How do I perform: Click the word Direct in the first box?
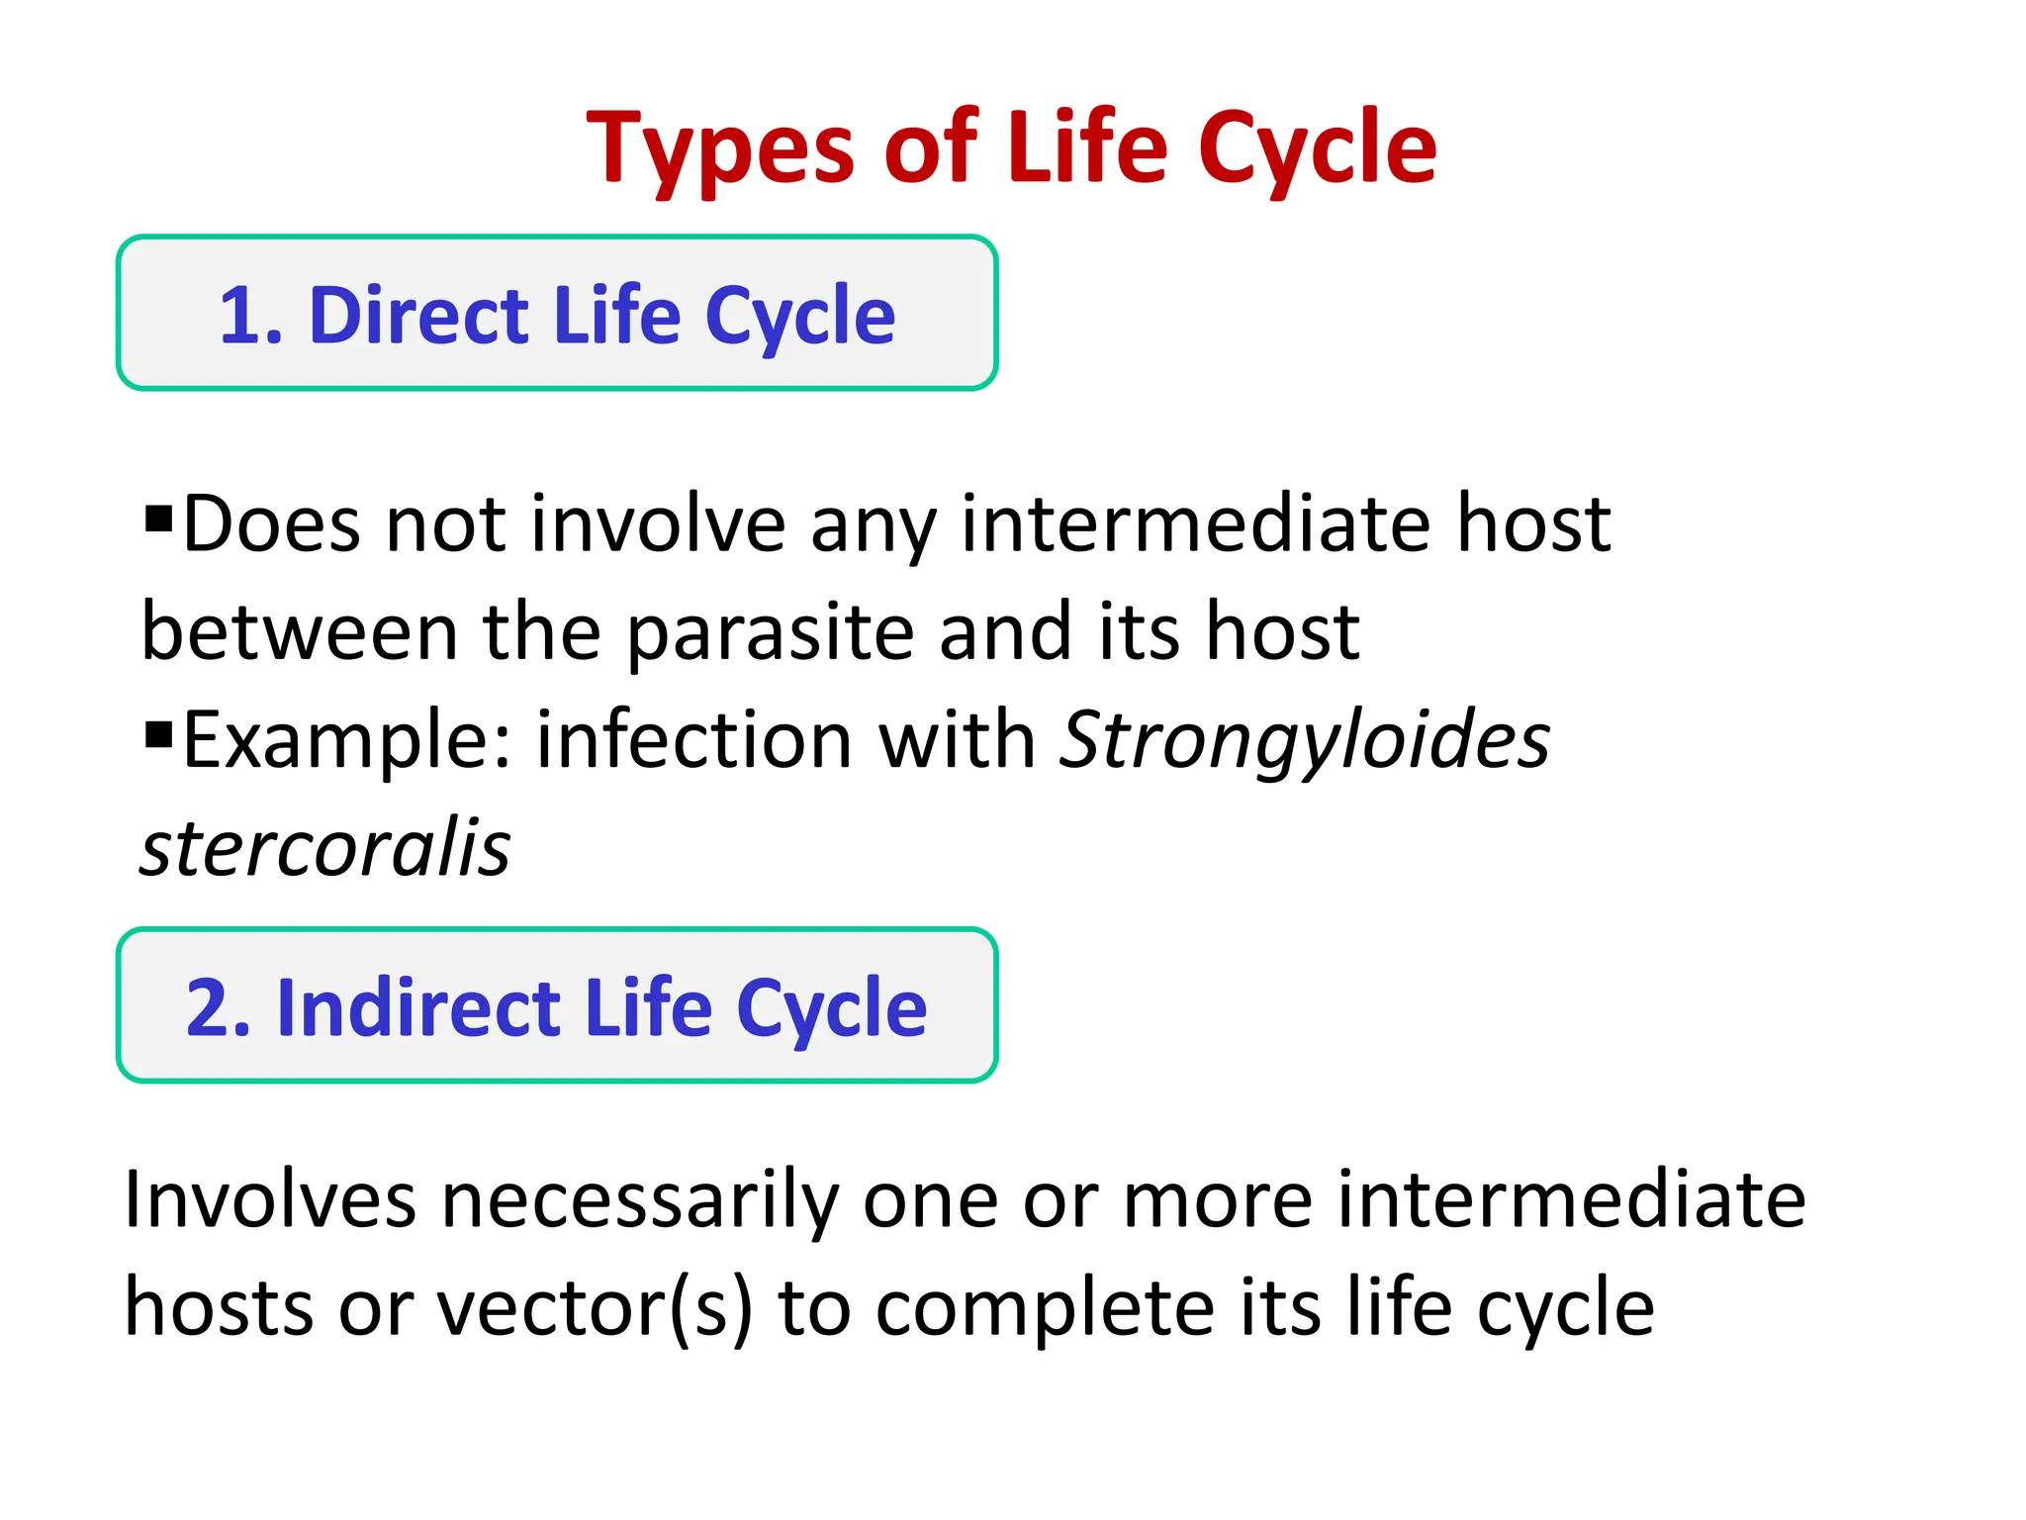click(x=419, y=316)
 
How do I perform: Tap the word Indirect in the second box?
click(x=417, y=1008)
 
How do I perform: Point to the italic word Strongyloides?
click(x=1304, y=740)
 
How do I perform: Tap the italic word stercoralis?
click(x=324, y=849)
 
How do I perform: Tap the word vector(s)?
click(x=595, y=1308)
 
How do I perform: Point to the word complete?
click(x=1045, y=1308)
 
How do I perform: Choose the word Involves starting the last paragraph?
click(x=269, y=1199)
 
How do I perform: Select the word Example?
click(x=346, y=740)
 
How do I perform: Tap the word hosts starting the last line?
click(x=219, y=1308)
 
